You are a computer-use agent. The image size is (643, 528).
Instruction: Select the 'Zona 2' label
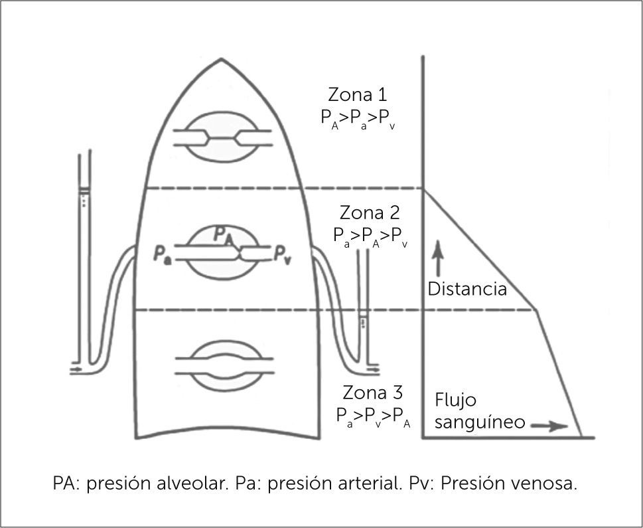[370, 213]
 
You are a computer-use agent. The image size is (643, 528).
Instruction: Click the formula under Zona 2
[370, 236]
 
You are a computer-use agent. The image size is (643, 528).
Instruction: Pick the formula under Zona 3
[374, 415]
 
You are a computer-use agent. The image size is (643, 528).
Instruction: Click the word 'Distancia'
[467, 289]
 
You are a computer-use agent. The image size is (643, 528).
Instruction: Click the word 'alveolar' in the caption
[188, 484]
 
